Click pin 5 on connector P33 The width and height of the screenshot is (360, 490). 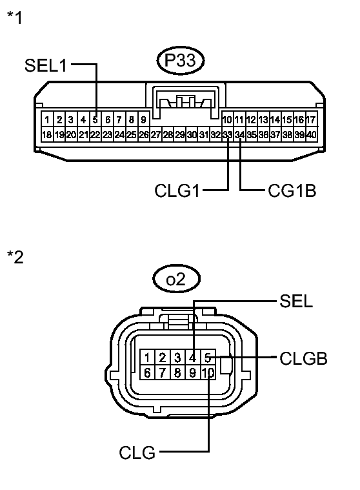pyautogui.click(x=95, y=119)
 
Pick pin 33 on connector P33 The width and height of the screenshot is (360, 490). pyautogui.click(x=227, y=134)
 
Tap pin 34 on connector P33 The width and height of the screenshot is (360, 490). pyautogui.click(x=239, y=134)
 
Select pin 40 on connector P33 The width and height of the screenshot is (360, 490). pyautogui.click(x=312, y=134)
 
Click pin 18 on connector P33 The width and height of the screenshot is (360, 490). pyautogui.click(x=46, y=134)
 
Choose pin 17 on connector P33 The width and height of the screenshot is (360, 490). pyautogui.click(x=311, y=119)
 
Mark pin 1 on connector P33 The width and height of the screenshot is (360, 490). pyautogui.click(x=47, y=119)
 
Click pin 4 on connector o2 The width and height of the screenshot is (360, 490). pyautogui.click(x=192, y=358)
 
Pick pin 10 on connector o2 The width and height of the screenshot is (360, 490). pyautogui.click(x=207, y=373)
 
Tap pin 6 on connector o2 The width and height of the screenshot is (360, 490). pyautogui.click(x=148, y=373)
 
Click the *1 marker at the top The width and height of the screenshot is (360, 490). pyautogui.click(x=14, y=17)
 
